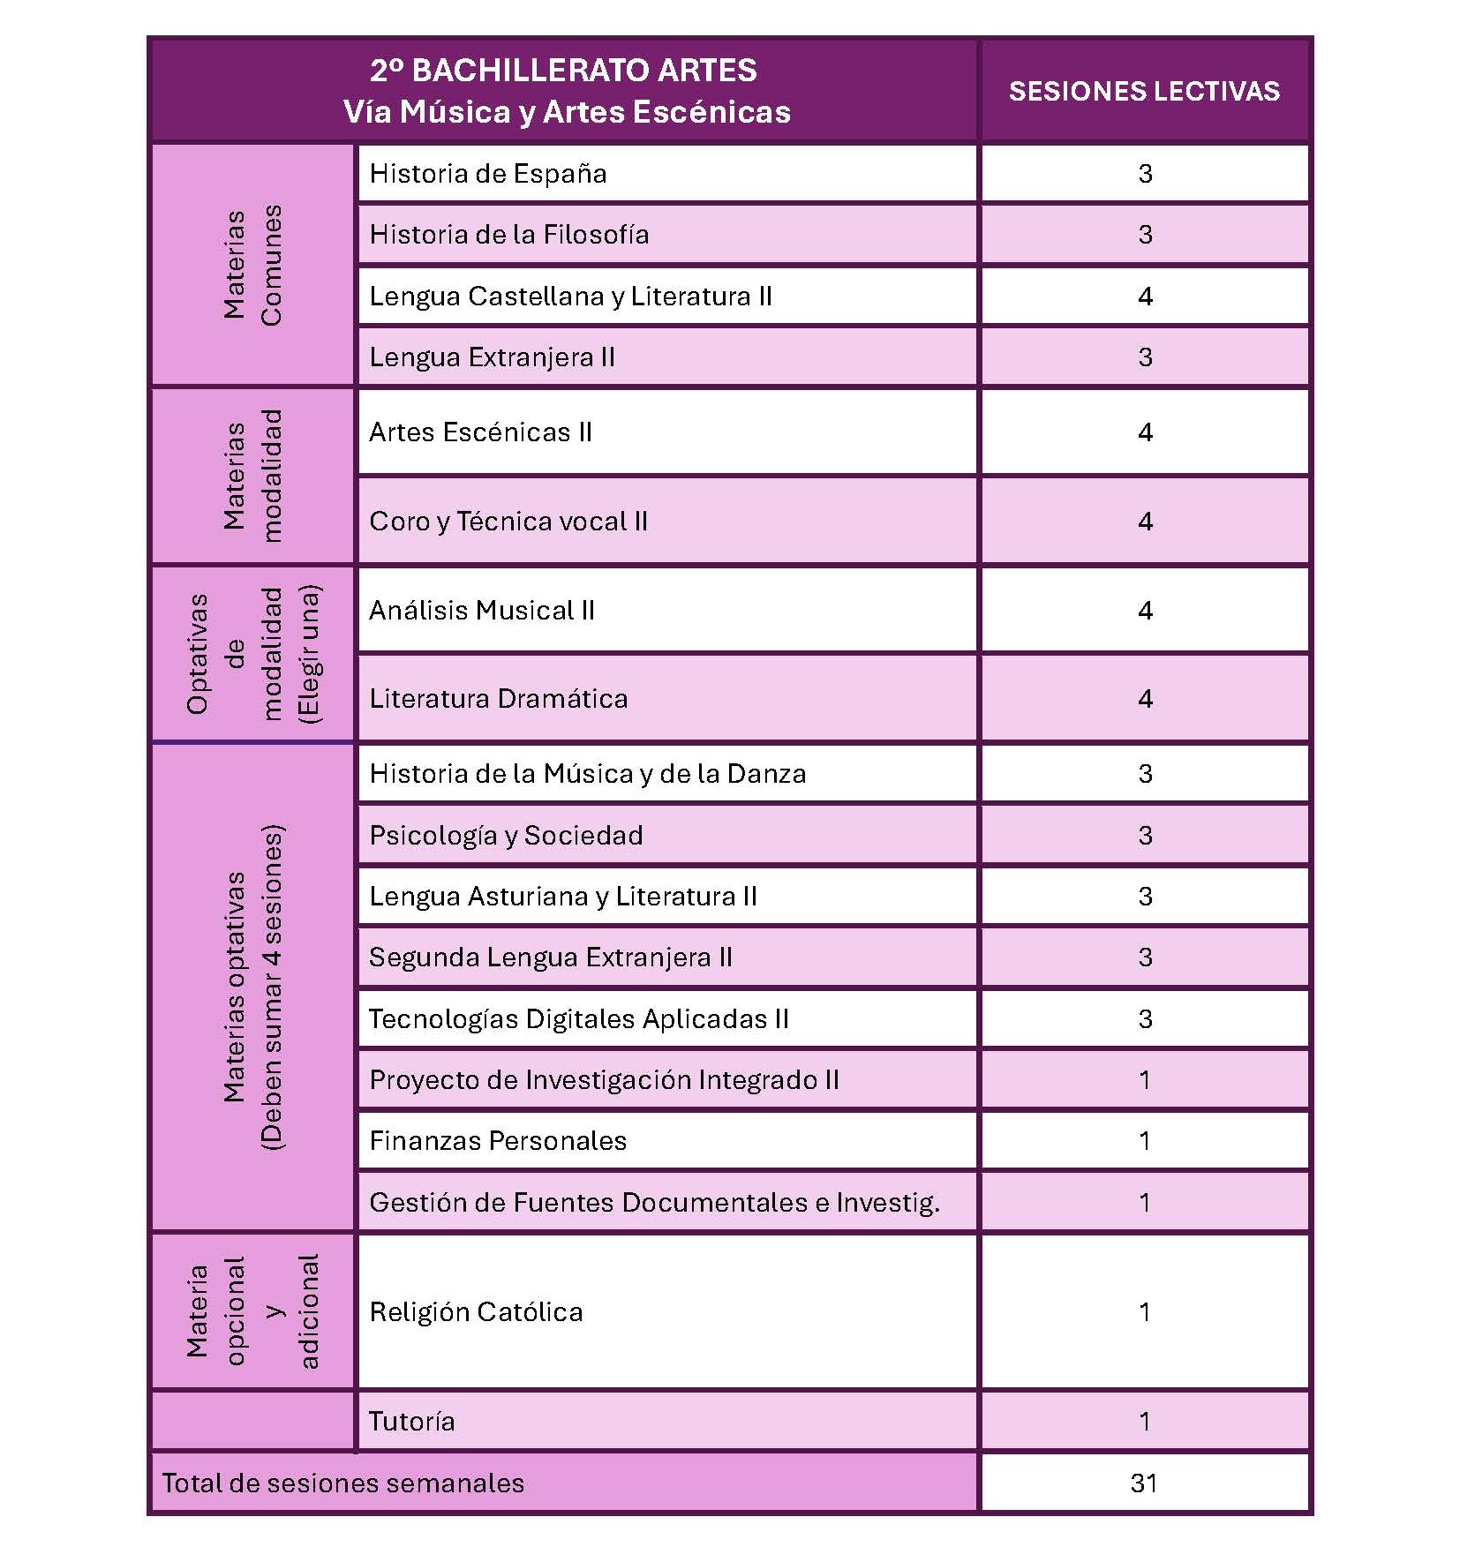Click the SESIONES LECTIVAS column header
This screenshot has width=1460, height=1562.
coord(1144,91)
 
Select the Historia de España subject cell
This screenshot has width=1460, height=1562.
coord(488,173)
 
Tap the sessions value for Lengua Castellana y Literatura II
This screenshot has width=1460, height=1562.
coord(1145,296)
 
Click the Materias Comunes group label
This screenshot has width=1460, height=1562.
coord(252,265)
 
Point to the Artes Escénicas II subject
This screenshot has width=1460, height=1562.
coord(480,432)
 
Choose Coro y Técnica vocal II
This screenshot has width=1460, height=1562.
coord(508,521)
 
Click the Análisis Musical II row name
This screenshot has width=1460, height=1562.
coord(482,610)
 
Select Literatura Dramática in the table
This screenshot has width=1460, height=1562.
coord(499,698)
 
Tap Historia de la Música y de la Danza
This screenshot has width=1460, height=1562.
coord(588,773)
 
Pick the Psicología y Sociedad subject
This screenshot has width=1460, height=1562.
coord(506,835)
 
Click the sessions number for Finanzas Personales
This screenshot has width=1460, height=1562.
coord(1145,1140)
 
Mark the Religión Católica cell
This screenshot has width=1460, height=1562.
coord(476,1311)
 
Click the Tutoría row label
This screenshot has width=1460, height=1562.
coord(411,1421)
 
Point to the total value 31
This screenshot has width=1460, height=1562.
coord(1144,1483)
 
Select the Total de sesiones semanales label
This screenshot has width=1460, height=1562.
coord(342,1483)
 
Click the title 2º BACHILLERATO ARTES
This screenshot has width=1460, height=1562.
coord(563,71)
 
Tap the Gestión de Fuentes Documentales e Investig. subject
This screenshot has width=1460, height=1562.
coord(654,1202)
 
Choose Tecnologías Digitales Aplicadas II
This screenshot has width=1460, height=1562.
coord(578,1018)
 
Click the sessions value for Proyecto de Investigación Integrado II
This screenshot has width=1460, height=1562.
coord(1145,1079)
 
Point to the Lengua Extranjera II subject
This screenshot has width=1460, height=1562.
coord(492,357)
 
